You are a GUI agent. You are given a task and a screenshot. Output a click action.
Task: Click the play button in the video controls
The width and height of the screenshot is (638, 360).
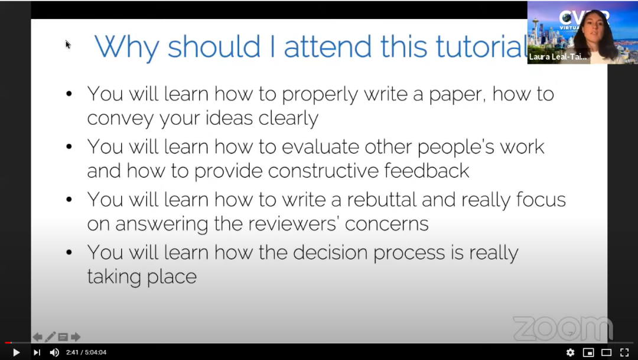point(16,352)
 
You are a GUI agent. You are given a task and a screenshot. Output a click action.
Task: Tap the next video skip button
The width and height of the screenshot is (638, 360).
point(37,352)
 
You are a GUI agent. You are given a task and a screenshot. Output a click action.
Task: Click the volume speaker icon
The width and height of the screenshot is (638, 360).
point(54,352)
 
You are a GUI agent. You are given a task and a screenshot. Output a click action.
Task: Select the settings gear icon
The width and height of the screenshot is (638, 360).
point(570,352)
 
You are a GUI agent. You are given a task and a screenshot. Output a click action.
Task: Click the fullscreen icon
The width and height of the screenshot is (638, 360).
point(624,352)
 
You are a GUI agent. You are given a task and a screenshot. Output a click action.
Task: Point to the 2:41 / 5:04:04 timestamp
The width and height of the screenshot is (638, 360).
point(86,352)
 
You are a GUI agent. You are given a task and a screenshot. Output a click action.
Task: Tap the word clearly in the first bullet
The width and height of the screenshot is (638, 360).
point(288,118)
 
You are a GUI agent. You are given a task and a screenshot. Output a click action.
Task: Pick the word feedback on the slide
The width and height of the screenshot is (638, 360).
point(427,171)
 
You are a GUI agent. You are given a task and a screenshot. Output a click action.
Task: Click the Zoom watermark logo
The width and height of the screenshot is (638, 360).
point(562,328)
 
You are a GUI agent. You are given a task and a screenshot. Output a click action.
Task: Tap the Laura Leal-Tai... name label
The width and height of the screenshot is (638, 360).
point(558,57)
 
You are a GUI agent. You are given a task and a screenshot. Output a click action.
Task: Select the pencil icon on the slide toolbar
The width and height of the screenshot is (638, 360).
point(50,337)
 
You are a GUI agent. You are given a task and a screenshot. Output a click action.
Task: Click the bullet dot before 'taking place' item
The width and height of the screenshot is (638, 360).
point(70,252)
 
